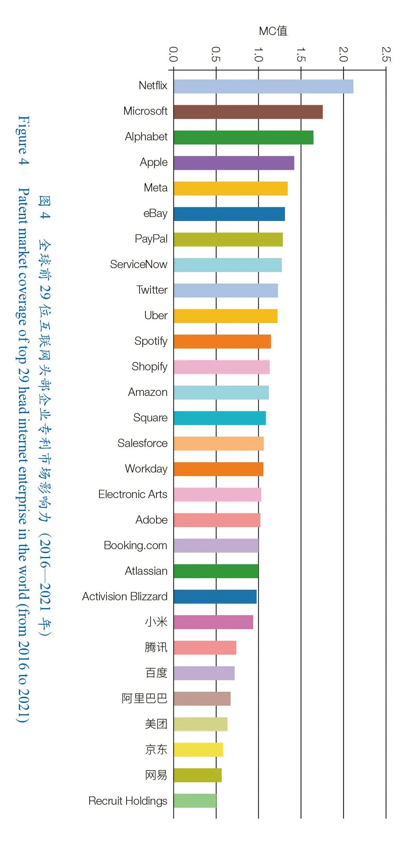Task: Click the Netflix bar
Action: click(x=263, y=86)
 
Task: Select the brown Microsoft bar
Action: click(x=248, y=112)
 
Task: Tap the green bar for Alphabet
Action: click(x=243, y=138)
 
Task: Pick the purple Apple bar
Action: click(x=234, y=163)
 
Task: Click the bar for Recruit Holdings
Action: click(x=195, y=801)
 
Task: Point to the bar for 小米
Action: click(x=213, y=622)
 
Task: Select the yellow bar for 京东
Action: click(x=198, y=750)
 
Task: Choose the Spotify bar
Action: click(x=222, y=342)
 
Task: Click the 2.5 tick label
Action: click(x=386, y=54)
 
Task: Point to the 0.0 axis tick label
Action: click(x=173, y=54)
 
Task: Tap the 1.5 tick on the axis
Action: click(x=301, y=54)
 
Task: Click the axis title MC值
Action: click(x=273, y=31)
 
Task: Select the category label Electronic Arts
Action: click(x=133, y=494)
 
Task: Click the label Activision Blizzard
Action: click(x=125, y=596)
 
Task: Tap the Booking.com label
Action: click(x=136, y=546)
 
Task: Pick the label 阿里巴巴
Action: click(x=144, y=699)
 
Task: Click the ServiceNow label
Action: click(x=138, y=264)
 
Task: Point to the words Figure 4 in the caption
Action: click(x=24, y=140)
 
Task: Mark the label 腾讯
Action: click(x=156, y=647)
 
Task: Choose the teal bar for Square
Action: click(x=220, y=418)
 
